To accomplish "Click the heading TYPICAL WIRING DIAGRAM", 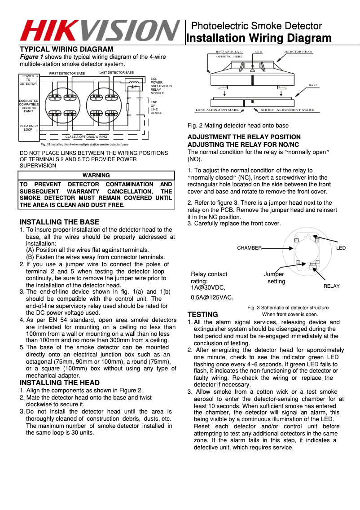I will (x=66, y=49).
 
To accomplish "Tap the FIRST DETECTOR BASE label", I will (x=67, y=73).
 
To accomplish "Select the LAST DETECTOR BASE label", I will (x=116, y=72).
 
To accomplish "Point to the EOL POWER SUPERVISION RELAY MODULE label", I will (x=161, y=86).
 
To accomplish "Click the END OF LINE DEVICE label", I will (x=156, y=107).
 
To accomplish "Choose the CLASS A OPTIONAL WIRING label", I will (x=86, y=136).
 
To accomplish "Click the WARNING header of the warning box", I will (x=96, y=175).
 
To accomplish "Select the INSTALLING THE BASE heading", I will (x=59, y=222).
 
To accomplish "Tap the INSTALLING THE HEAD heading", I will (x=60, y=382).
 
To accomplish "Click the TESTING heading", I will (x=202, y=314).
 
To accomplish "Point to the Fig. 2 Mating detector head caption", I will (x=238, y=126).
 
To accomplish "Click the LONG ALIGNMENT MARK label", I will (x=217, y=110).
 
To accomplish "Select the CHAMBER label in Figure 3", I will (x=249, y=248).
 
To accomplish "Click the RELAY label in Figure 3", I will (x=331, y=286).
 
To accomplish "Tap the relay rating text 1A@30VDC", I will (x=208, y=288).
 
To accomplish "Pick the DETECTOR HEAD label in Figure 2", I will (x=297, y=52).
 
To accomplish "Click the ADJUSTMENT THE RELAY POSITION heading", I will (x=244, y=137).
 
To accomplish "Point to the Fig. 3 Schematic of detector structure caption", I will (x=288, y=308).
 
